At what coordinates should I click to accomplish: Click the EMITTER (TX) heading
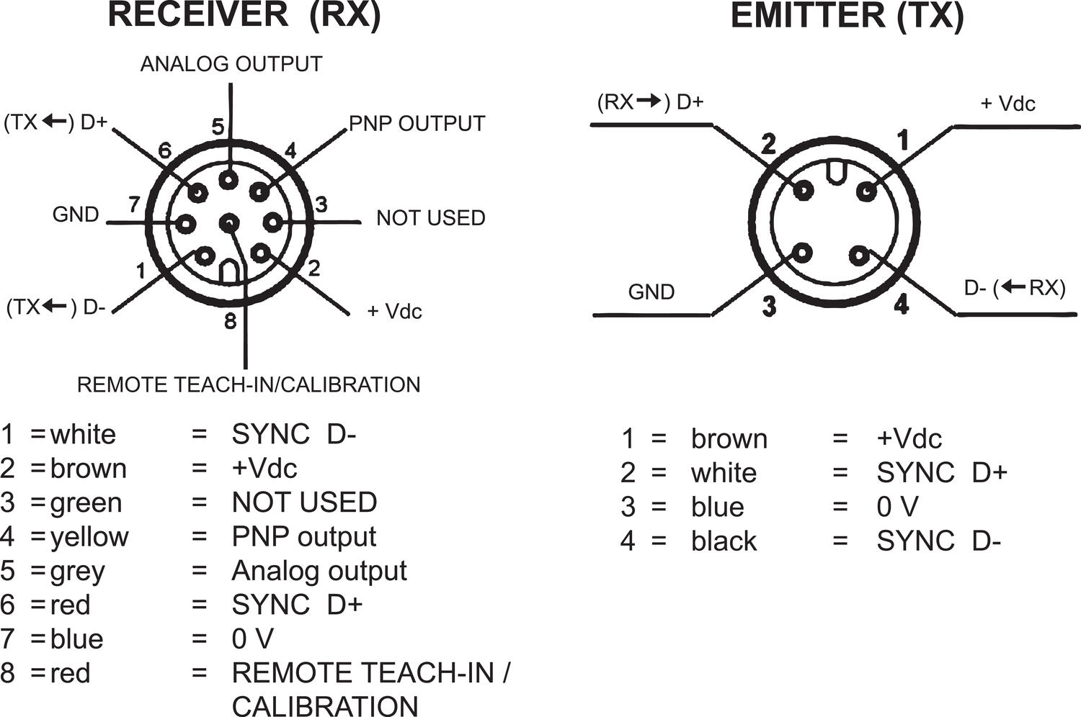pyautogui.click(x=846, y=16)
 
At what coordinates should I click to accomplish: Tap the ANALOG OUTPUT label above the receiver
pyautogui.click(x=231, y=64)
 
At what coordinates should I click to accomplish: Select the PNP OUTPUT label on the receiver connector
pyautogui.click(x=417, y=124)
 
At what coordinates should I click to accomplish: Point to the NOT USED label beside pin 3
pyautogui.click(x=430, y=217)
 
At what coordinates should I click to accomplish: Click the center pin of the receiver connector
pyautogui.click(x=229, y=223)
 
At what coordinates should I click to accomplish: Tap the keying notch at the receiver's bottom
pyautogui.click(x=228, y=271)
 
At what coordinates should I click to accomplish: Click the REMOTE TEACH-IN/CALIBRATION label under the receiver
pyautogui.click(x=249, y=384)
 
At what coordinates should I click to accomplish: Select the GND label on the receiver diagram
pyautogui.click(x=76, y=215)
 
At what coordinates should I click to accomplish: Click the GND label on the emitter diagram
pyautogui.click(x=651, y=292)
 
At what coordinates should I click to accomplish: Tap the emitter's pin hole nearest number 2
pyautogui.click(x=803, y=191)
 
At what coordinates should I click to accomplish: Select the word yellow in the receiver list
pyautogui.click(x=89, y=537)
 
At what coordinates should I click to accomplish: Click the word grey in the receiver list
pyautogui.click(x=78, y=572)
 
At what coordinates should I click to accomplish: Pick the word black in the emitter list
pyautogui.click(x=724, y=541)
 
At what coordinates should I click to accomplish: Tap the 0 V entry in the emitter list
pyautogui.click(x=897, y=508)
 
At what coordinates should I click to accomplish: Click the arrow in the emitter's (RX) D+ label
pyautogui.click(x=649, y=102)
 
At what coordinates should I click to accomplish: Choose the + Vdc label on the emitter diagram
pyautogui.click(x=1007, y=104)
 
